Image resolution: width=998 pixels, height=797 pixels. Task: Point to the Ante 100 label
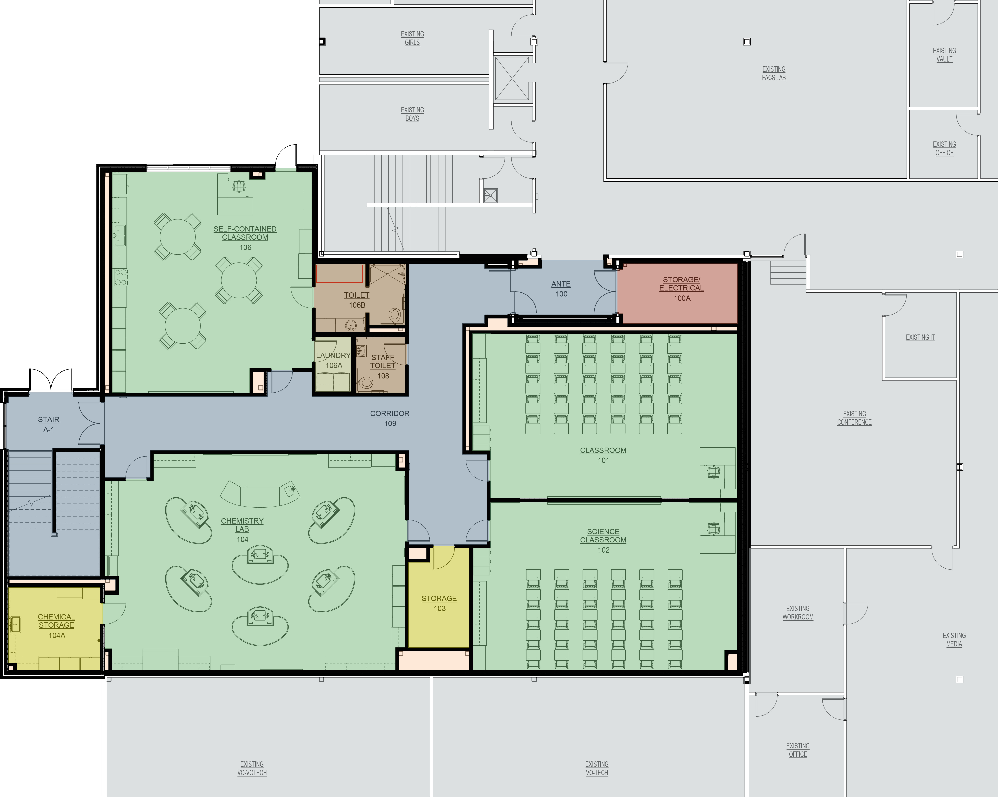pos(561,289)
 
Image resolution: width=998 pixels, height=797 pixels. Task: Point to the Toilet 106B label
pos(357,300)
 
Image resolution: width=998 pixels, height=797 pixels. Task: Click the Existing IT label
pos(920,337)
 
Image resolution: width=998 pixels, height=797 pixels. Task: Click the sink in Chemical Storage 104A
pos(15,625)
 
